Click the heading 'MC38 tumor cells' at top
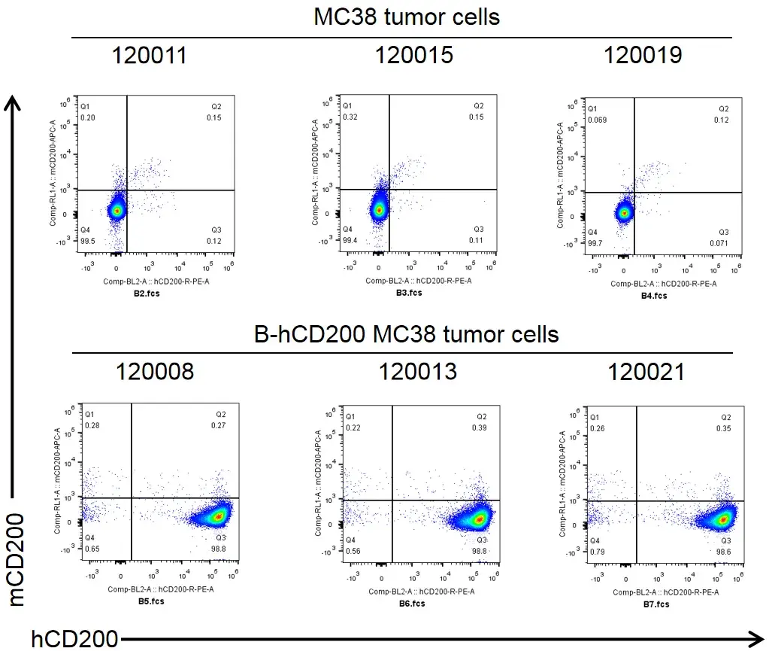pos(407,17)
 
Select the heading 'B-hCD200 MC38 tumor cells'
pos(407,333)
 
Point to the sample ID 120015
pos(414,55)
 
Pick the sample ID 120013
pos(417,371)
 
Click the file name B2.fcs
pos(147,294)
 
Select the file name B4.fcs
pos(653,296)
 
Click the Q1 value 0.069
pos(598,120)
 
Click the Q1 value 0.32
pos(350,117)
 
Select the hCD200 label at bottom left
pos(74,639)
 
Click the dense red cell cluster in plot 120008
pos(219,516)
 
